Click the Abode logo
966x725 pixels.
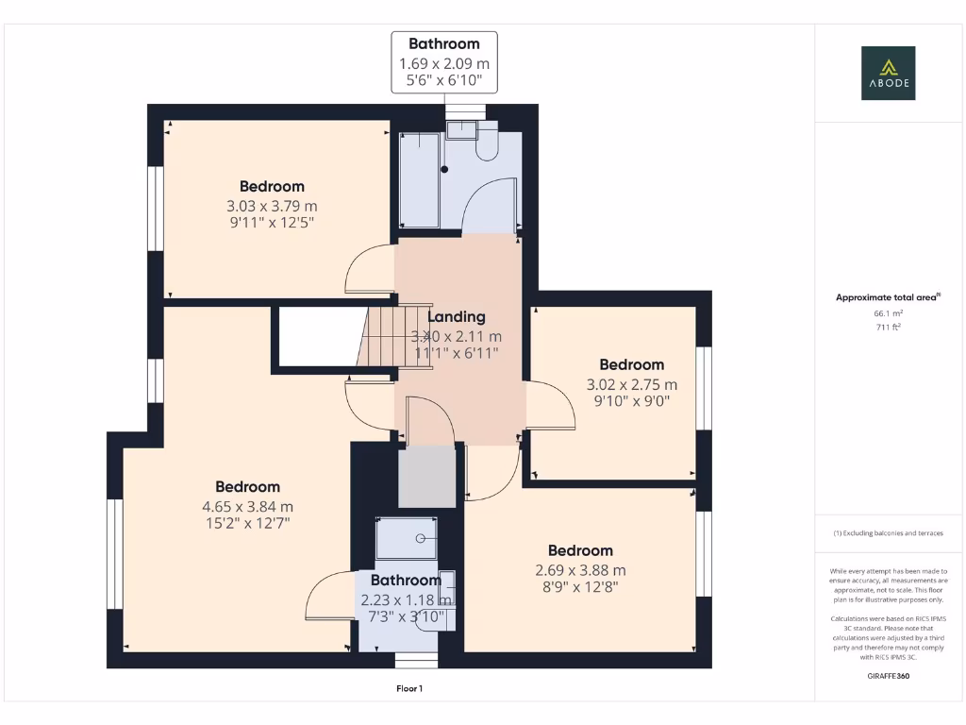887,74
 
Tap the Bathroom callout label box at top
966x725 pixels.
443,62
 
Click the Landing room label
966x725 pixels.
457,317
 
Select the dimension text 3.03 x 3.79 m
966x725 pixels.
272,206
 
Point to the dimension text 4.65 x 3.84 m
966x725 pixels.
247,506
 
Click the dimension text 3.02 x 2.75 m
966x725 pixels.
631,384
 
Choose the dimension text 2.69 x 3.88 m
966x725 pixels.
580,570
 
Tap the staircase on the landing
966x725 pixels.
381,340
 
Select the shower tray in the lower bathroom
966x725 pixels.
407,539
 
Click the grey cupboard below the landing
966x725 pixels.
425,477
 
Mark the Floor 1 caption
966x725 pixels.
408,689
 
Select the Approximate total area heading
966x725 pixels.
887,297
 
